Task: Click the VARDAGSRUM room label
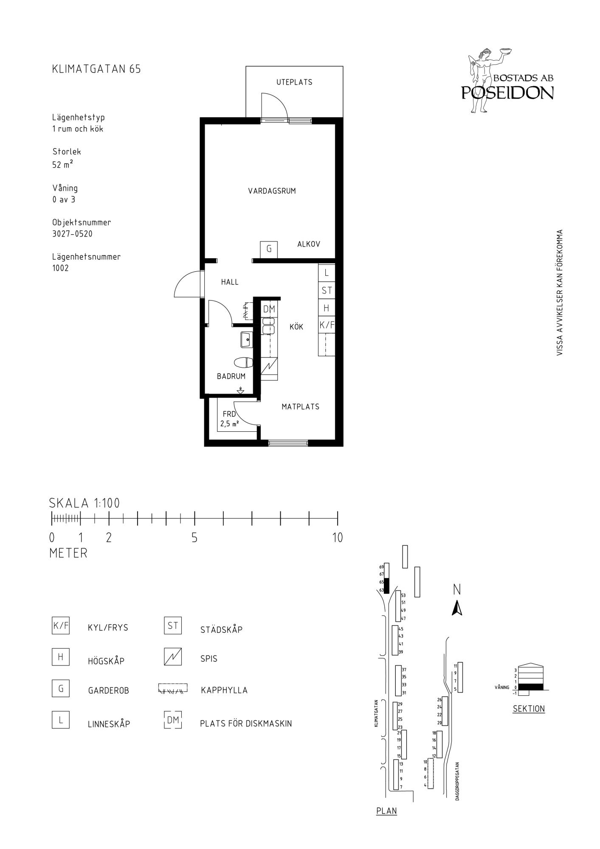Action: (272, 191)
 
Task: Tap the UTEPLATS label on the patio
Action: (294, 82)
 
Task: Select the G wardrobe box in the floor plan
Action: (269, 249)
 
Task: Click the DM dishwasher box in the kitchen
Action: (269, 309)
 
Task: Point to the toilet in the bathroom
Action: (243, 363)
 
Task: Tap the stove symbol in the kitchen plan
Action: (269, 365)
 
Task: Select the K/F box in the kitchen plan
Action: (327, 326)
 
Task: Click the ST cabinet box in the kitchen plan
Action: (327, 291)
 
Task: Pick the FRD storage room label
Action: (229, 414)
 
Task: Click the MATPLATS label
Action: (300, 407)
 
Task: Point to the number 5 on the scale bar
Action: (194, 538)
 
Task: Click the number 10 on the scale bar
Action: (338, 538)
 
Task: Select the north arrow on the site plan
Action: (457, 609)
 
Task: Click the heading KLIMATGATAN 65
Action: (96, 69)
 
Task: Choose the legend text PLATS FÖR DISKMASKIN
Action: (246, 724)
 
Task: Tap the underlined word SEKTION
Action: (529, 708)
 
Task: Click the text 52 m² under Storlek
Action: (62, 164)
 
